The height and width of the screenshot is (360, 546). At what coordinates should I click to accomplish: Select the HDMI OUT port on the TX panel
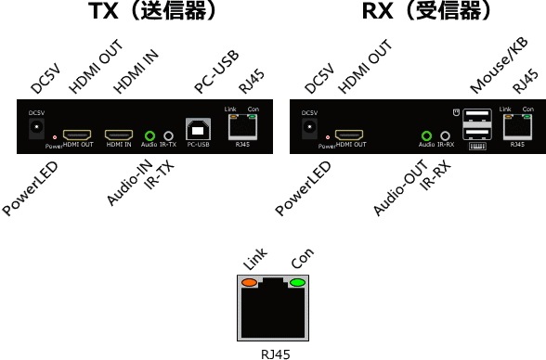[76, 134]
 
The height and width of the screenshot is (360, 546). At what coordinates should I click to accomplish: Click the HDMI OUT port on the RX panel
[349, 134]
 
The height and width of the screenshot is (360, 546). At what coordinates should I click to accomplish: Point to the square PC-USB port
[197, 129]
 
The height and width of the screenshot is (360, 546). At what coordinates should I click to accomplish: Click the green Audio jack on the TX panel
[149, 135]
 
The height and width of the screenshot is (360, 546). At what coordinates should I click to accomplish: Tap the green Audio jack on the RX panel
[426, 135]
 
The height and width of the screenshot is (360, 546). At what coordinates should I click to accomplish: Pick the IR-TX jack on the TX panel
[168, 135]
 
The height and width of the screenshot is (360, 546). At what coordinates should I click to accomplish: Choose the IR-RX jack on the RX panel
[446, 135]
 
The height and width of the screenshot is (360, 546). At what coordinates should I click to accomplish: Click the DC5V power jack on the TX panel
[36, 127]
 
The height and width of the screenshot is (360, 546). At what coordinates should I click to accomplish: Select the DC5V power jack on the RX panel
[309, 127]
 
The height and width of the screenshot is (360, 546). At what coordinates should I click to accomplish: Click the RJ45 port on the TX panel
[242, 128]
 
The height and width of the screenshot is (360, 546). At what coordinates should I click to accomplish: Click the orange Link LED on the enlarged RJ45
[251, 282]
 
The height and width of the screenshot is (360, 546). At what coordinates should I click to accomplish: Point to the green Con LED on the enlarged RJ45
[297, 282]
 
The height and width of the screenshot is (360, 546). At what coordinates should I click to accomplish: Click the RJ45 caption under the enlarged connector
[274, 353]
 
